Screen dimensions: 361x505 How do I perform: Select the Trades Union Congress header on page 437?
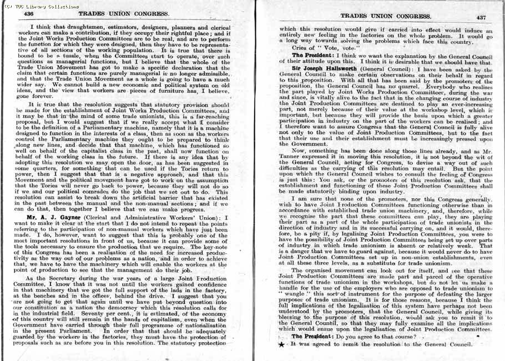pos(385,16)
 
